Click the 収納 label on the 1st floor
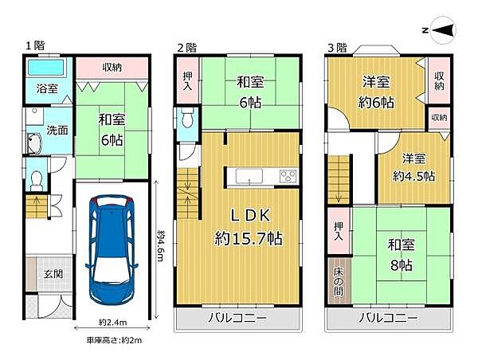(x=111, y=69)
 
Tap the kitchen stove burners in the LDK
(x=287, y=176)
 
